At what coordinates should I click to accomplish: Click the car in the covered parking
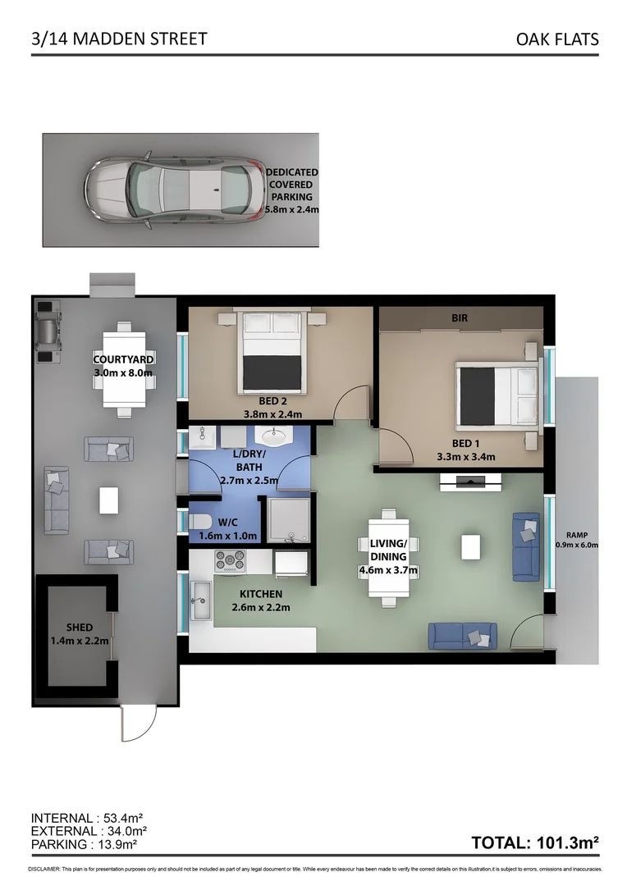coord(176,189)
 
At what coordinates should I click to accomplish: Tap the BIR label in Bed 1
coord(459,317)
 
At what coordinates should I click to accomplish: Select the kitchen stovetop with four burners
coord(230,561)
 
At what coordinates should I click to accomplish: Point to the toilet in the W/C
coord(199,522)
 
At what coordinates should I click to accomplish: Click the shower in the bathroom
coord(287,521)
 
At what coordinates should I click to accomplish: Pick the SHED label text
coord(80,628)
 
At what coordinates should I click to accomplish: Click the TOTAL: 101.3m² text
coord(535,842)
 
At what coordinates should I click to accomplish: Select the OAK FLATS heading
coord(557,39)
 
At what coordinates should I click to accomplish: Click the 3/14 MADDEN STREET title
coord(119,39)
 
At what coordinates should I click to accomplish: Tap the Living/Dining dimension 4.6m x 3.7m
coord(389,570)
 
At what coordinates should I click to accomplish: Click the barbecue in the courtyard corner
coord(50,331)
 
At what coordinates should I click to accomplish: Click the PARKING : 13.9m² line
coord(84,843)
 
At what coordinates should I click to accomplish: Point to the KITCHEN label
coord(261,594)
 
